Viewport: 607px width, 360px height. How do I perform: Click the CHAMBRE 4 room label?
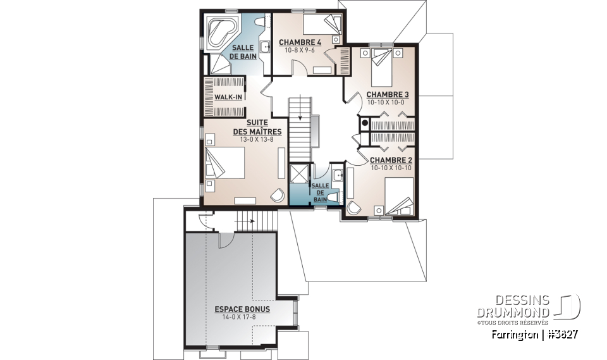[x=300, y=42]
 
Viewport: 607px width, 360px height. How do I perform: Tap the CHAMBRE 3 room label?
[x=388, y=95]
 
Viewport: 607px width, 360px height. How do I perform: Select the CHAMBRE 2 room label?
[x=391, y=160]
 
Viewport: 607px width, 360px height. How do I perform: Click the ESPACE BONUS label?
[x=242, y=309]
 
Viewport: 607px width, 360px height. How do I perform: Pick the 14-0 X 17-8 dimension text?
[x=242, y=317]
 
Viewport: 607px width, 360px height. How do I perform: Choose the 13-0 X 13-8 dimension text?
[x=257, y=139]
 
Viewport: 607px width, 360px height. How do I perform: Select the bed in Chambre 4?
[x=321, y=25]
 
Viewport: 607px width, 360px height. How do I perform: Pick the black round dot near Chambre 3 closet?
[x=365, y=121]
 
